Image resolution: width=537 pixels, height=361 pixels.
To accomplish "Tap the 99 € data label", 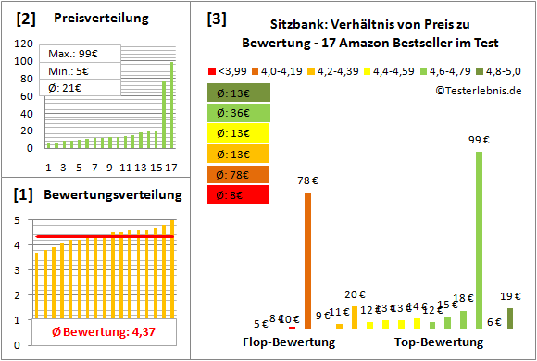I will click(479, 140).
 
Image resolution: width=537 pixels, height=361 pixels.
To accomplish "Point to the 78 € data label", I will click(307, 180).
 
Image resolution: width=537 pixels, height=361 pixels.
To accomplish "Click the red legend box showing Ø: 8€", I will click(240, 194).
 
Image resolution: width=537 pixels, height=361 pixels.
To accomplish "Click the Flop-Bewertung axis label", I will click(289, 342).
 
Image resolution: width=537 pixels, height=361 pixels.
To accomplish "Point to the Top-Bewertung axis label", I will click(439, 342).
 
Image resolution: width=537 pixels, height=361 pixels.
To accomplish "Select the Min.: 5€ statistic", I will click(70, 71).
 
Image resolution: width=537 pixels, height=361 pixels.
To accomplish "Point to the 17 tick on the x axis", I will click(171, 168).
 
